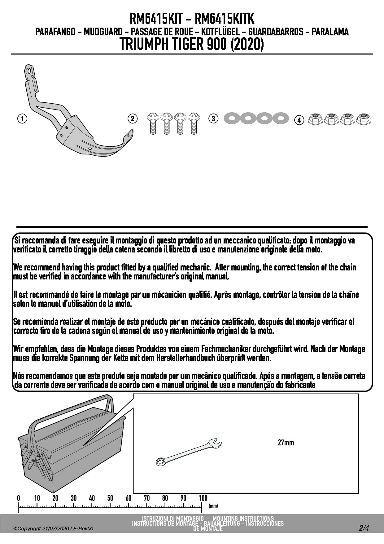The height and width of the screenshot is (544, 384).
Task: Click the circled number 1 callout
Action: (22, 119)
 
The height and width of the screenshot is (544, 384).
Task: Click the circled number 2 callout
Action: (132, 119)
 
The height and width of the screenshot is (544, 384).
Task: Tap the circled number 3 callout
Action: (213, 118)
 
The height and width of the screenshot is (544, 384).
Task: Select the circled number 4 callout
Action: (299, 120)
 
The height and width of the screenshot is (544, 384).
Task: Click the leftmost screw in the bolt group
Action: (153, 123)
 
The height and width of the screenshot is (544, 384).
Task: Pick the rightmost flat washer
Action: (281, 118)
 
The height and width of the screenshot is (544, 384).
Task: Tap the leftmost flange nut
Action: (316, 119)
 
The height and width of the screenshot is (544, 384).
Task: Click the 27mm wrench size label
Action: (286, 443)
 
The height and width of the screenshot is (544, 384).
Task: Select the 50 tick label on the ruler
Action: (110, 498)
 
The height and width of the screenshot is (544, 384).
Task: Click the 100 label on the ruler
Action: (203, 498)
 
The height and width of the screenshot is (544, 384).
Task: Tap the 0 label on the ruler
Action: (19, 498)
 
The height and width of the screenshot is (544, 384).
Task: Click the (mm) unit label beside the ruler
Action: (213, 506)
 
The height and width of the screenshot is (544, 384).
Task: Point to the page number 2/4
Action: (364, 528)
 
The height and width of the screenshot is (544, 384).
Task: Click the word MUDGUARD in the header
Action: (103, 32)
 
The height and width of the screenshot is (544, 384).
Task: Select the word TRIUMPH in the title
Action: (143, 44)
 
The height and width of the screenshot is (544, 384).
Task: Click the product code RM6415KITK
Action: (224, 19)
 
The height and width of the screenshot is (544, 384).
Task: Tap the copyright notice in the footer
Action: (53, 528)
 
